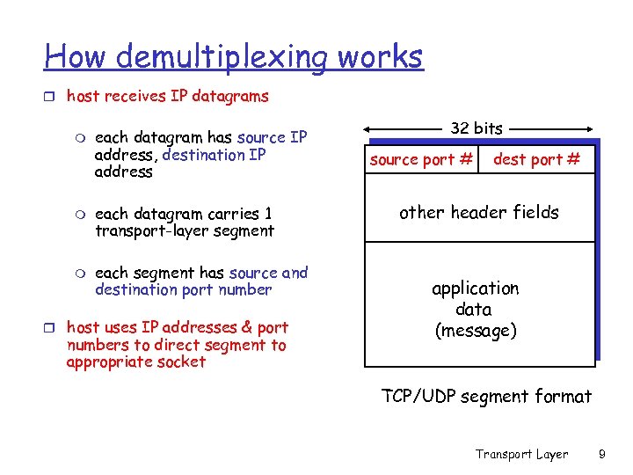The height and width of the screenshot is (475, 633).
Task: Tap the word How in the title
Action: click(76, 57)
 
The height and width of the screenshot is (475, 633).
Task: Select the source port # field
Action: click(421, 159)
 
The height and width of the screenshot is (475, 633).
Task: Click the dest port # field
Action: click(536, 159)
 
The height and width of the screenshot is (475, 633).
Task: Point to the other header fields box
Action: click(478, 212)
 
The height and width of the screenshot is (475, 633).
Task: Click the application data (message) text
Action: click(475, 310)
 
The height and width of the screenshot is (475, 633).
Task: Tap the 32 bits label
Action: click(477, 128)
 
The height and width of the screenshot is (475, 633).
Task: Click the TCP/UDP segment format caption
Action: click(486, 397)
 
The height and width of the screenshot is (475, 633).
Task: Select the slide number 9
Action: click(602, 454)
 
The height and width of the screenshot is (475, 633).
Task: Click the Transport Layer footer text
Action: click(521, 454)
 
